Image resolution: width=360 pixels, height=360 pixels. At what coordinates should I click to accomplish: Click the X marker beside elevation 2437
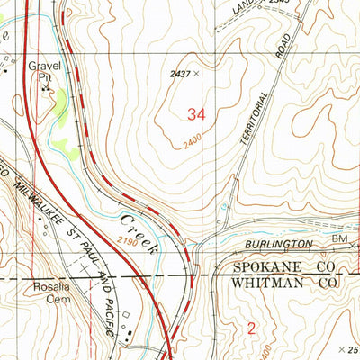195,74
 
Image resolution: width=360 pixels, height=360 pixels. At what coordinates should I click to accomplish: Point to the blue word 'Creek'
136,225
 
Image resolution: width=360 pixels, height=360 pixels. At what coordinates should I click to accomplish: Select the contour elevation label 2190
127,242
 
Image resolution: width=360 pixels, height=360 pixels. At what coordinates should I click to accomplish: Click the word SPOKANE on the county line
267,269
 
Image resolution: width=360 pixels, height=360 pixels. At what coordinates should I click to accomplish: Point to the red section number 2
252,329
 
